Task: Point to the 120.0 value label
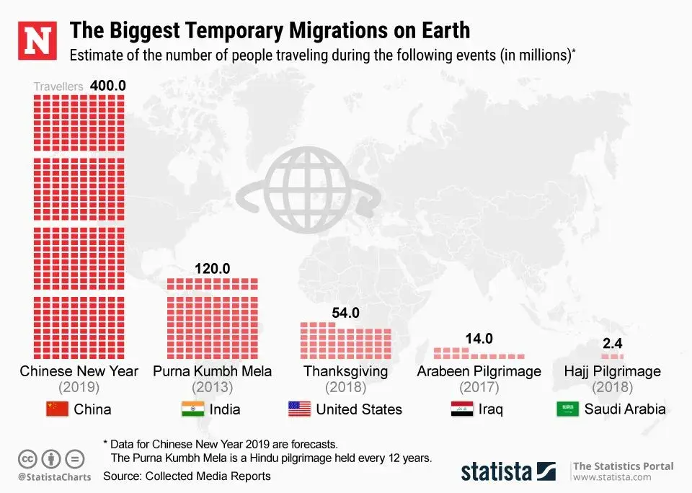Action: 212,268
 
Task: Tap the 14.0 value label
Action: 479,338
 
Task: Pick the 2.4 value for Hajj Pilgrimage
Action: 612,343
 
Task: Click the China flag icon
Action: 57,409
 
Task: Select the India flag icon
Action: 193,409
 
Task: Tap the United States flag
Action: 299,409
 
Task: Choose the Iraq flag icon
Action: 461,409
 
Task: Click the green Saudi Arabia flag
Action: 567,409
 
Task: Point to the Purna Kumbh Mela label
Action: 213,371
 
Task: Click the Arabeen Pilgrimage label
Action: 479,371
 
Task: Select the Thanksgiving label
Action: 345,371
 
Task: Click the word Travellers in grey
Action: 58,86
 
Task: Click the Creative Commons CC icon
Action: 27,458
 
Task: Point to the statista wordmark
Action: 497,472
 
